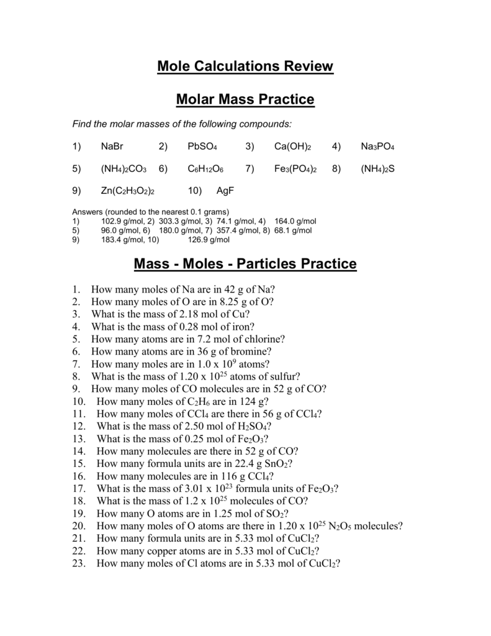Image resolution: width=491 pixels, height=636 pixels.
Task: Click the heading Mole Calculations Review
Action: pyautogui.click(x=245, y=66)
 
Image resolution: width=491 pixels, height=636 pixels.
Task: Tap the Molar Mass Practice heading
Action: pyautogui.click(x=245, y=99)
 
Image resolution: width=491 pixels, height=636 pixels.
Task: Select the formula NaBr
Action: pyautogui.click(x=113, y=147)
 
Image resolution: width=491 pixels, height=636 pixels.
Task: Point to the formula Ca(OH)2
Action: pyautogui.click(x=292, y=147)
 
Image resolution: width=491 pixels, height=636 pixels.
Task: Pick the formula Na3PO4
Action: pyautogui.click(x=377, y=147)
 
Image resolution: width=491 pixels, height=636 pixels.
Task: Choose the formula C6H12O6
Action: pyautogui.click(x=205, y=168)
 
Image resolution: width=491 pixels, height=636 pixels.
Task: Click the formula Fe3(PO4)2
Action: pyautogui.click(x=295, y=168)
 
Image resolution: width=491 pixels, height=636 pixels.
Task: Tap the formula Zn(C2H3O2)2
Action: pyautogui.click(x=127, y=190)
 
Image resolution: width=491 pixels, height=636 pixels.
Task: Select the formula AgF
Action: pyautogui.click(x=224, y=190)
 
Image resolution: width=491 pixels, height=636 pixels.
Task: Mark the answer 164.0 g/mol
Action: pyautogui.click(x=295, y=221)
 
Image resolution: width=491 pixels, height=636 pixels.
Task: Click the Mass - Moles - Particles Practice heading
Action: pyautogui.click(x=245, y=264)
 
